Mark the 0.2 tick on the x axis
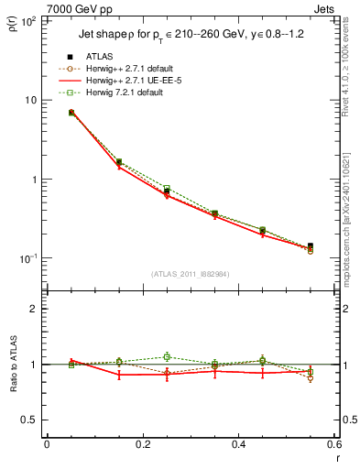(x=142, y=446)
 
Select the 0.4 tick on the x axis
(x=238, y=446)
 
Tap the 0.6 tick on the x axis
(x=334, y=446)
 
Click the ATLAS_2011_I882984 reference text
(x=191, y=275)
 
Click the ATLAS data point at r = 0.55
(x=311, y=246)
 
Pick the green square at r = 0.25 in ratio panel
(x=167, y=357)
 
